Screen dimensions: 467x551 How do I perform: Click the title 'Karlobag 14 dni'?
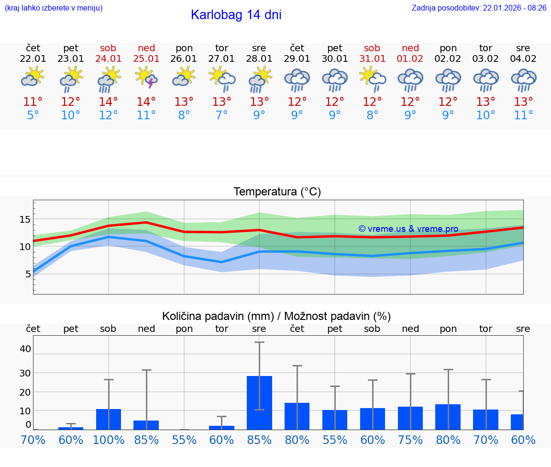[x=236, y=15]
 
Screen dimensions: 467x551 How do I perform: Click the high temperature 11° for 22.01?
[x=33, y=102]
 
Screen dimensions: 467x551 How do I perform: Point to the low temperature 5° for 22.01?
[x=33, y=115]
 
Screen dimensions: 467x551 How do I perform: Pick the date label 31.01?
[x=372, y=58]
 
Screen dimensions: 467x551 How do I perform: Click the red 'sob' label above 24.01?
[x=108, y=48]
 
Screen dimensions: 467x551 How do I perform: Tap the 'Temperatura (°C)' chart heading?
[x=277, y=192]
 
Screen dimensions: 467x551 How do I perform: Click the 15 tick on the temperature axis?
[x=25, y=219]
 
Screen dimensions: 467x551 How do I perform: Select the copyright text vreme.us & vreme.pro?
[x=408, y=229]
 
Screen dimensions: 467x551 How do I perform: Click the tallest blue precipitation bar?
[x=259, y=402]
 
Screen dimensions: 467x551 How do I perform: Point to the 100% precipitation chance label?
[x=109, y=440]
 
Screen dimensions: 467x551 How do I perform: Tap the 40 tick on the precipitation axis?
[x=25, y=349]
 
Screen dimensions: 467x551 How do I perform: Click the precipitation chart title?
[x=276, y=316]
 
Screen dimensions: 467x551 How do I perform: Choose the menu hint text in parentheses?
[x=54, y=8]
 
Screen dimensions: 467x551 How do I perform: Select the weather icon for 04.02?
[x=523, y=80]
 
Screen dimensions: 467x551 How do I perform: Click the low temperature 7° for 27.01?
[x=221, y=115]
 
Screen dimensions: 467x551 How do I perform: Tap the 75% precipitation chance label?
[x=410, y=440]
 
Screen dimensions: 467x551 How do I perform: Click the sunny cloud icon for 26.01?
[x=184, y=77]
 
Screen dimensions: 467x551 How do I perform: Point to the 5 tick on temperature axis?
[x=28, y=274]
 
